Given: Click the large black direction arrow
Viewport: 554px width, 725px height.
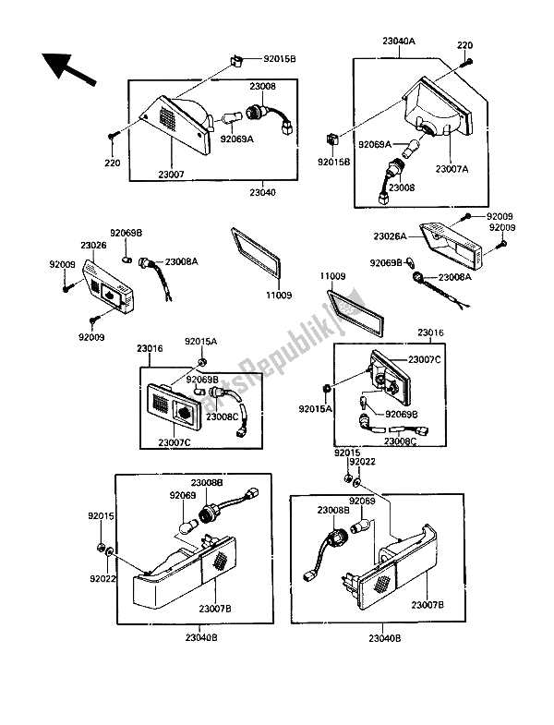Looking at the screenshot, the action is (68, 69).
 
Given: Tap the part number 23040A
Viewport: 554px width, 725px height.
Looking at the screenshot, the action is (399, 42).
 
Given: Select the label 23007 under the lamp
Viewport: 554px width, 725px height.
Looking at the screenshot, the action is (171, 175).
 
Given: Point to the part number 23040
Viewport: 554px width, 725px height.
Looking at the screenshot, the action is (262, 192).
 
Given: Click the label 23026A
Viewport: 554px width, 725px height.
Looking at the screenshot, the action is (390, 236).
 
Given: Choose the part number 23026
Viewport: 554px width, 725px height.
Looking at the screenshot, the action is (93, 245).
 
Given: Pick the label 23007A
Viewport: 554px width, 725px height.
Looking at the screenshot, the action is (452, 169).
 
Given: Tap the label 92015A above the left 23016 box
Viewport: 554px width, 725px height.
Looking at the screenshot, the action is (200, 342).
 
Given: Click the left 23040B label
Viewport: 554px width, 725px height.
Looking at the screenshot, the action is (201, 637).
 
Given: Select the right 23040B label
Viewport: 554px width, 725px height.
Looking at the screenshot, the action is (385, 638).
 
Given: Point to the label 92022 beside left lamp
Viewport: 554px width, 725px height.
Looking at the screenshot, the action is (102, 578).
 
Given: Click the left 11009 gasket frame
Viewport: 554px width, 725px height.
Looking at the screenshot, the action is (255, 255).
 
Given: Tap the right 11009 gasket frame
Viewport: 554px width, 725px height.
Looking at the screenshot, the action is (355, 313).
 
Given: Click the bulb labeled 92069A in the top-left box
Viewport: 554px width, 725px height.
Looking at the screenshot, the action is (230, 119).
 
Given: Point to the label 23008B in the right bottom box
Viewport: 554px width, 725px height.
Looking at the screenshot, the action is (333, 510).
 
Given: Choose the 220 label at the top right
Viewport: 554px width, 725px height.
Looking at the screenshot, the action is (464, 45).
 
